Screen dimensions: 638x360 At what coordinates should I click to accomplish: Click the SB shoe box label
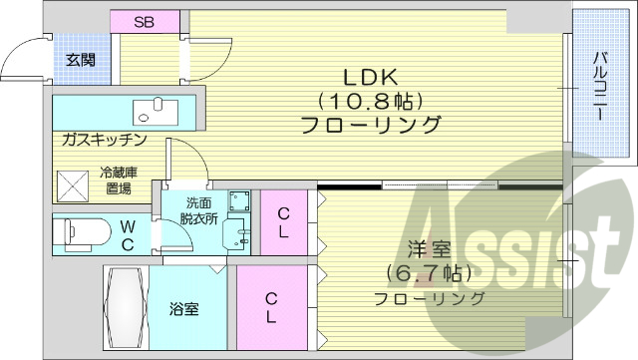(145, 21)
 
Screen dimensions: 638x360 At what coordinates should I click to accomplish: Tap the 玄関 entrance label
(81, 60)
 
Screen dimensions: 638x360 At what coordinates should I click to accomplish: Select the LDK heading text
(371, 77)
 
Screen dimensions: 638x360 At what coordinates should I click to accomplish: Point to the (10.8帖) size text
(372, 101)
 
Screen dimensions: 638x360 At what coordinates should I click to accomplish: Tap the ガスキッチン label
(105, 139)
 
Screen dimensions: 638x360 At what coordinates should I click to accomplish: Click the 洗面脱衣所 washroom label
(197, 212)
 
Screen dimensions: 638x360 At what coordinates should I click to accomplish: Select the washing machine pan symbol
(237, 200)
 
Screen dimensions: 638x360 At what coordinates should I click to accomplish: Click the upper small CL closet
(284, 221)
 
